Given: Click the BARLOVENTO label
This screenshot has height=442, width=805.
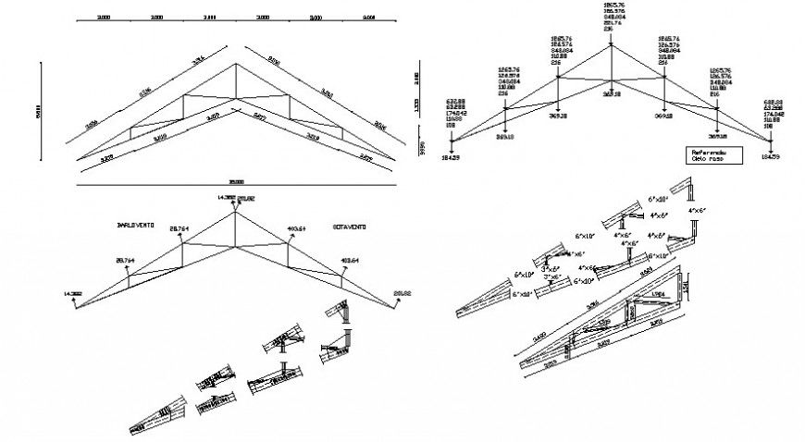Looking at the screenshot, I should coord(135,225).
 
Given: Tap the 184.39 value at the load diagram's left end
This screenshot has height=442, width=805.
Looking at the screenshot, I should coord(451,158).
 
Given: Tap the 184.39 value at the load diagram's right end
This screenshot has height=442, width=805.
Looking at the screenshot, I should coord(770,157).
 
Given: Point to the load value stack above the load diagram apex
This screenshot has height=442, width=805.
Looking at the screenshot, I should coord(611,16).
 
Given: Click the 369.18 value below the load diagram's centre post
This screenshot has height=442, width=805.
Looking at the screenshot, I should coord(611,93).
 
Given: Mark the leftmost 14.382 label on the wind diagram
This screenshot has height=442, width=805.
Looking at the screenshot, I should coord(73,294).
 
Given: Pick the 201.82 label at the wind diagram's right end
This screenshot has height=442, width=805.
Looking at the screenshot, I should coord(402,294).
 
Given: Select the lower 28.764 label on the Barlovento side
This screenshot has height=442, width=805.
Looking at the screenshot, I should coord(124,261).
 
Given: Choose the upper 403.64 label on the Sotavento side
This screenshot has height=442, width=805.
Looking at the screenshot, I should coord(296,227).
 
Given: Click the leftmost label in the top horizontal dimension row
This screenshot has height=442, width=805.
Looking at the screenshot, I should coord(105,18).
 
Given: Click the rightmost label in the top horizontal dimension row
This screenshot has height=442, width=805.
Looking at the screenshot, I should coord(369,18).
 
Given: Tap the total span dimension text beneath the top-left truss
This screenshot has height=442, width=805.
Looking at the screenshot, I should coord(237,181).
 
